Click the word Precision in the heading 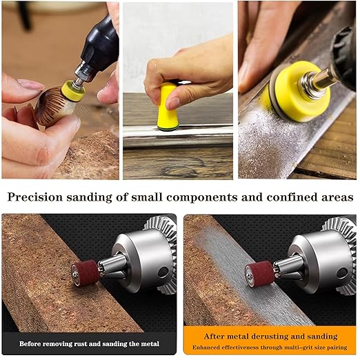click(x=35, y=197)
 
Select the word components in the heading click(x=202, y=198)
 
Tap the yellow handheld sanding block click(x=167, y=107)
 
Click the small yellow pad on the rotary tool click(x=73, y=90)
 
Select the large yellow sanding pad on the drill click(x=299, y=92)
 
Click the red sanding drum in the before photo click(x=86, y=273)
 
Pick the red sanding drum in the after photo click(x=259, y=274)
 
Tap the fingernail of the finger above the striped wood click(x=30, y=83)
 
